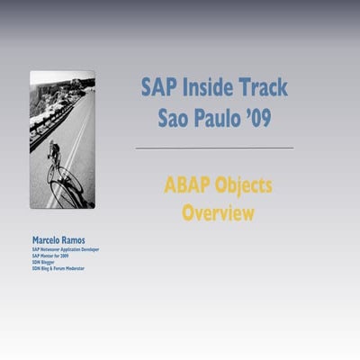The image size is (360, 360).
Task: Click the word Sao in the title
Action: tap(175, 118)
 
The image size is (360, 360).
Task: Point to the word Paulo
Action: tap(220, 118)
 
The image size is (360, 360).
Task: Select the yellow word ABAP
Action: tap(188, 186)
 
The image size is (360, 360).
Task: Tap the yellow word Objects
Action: tap(243, 187)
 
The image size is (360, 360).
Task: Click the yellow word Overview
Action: tap(218, 214)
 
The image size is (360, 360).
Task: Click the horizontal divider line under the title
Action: tap(214, 147)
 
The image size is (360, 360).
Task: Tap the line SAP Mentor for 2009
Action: tap(50, 256)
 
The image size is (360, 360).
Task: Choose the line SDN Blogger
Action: tap(43, 263)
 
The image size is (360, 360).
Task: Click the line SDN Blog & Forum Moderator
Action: tap(57, 269)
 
